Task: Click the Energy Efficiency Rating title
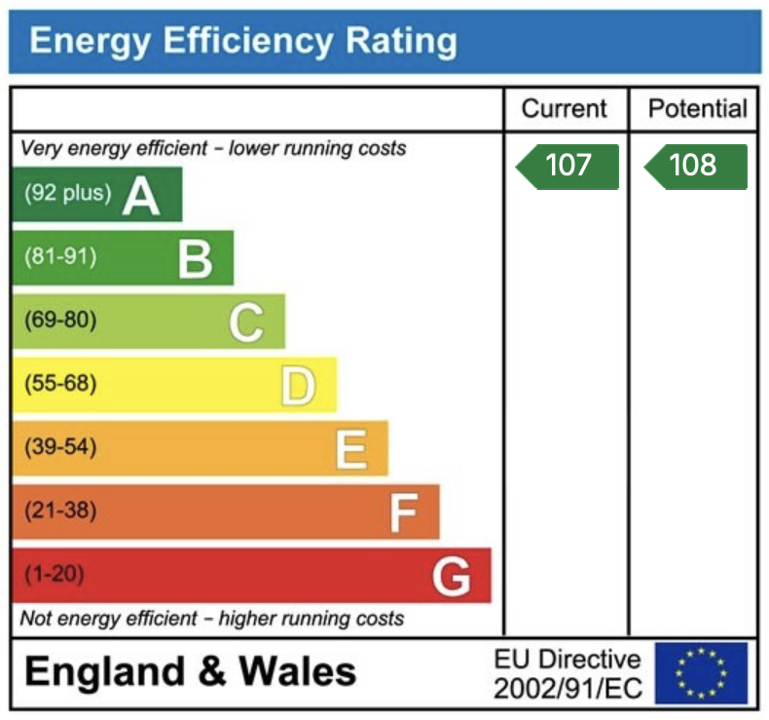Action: point(242,42)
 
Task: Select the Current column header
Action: point(564,109)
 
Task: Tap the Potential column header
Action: point(697,109)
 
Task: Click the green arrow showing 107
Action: point(568,166)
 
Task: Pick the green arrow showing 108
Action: point(696,166)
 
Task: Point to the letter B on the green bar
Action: point(195,259)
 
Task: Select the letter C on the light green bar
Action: point(246,322)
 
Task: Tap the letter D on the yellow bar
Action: point(298,386)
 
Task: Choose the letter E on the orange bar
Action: point(350,449)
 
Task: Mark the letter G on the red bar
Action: point(452,576)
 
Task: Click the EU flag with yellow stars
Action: point(701,672)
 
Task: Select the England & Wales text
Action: point(190,671)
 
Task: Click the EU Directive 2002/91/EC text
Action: point(568,673)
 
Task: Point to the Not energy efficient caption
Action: point(211,619)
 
